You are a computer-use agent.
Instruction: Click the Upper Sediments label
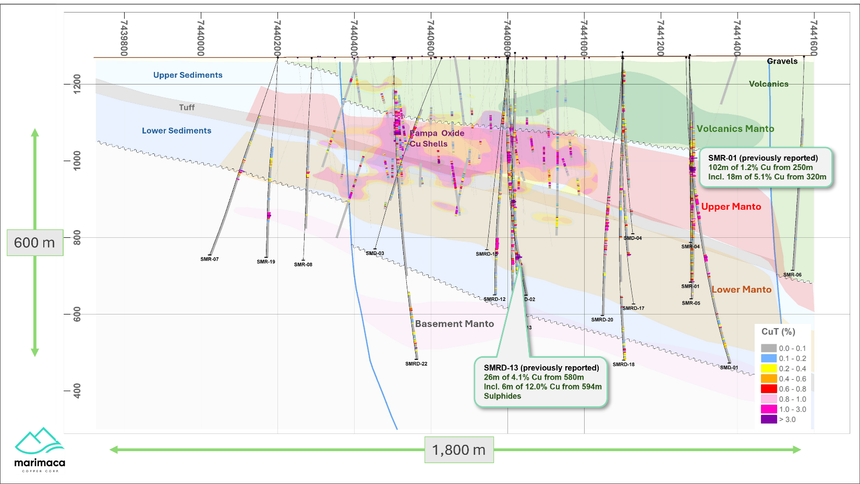[188, 75]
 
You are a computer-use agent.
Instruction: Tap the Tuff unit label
[187, 107]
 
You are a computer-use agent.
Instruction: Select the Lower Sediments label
[176, 131]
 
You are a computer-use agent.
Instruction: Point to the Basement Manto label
[454, 324]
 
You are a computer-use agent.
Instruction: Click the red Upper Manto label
[731, 207]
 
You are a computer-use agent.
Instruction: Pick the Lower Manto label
[741, 290]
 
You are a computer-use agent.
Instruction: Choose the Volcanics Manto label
[735, 129]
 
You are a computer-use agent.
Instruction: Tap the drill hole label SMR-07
[210, 259]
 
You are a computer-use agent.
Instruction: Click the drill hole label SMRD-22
[416, 364]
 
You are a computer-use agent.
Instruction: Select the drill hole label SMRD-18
[624, 365]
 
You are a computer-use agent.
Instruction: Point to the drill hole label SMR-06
[792, 275]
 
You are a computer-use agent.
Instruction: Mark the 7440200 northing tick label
[277, 38]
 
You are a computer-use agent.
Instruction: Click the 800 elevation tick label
[77, 238]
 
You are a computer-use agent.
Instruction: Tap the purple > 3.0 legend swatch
[769, 419]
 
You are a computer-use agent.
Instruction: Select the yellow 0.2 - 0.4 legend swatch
[769, 369]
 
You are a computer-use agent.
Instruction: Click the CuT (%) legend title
[778, 332]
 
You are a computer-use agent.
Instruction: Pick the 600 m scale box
[34, 243]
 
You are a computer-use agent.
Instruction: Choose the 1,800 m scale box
[459, 450]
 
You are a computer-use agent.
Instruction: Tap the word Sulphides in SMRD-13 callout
[502, 396]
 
